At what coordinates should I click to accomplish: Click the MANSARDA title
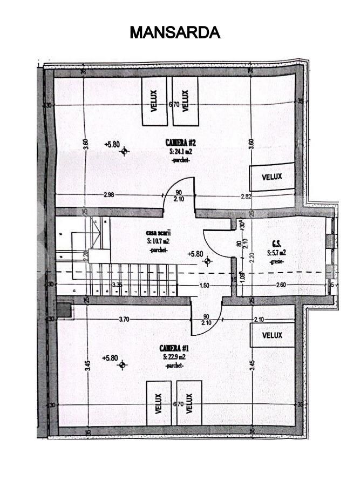175,32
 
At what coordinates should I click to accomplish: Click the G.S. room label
275,244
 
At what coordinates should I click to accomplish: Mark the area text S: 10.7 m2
159,240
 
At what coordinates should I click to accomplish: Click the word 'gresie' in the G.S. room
276,261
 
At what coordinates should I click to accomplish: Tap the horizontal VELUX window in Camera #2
272,177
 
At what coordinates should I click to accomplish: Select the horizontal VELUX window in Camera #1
272,335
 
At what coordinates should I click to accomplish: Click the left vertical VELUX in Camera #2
154,100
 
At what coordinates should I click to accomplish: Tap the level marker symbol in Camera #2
124,151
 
